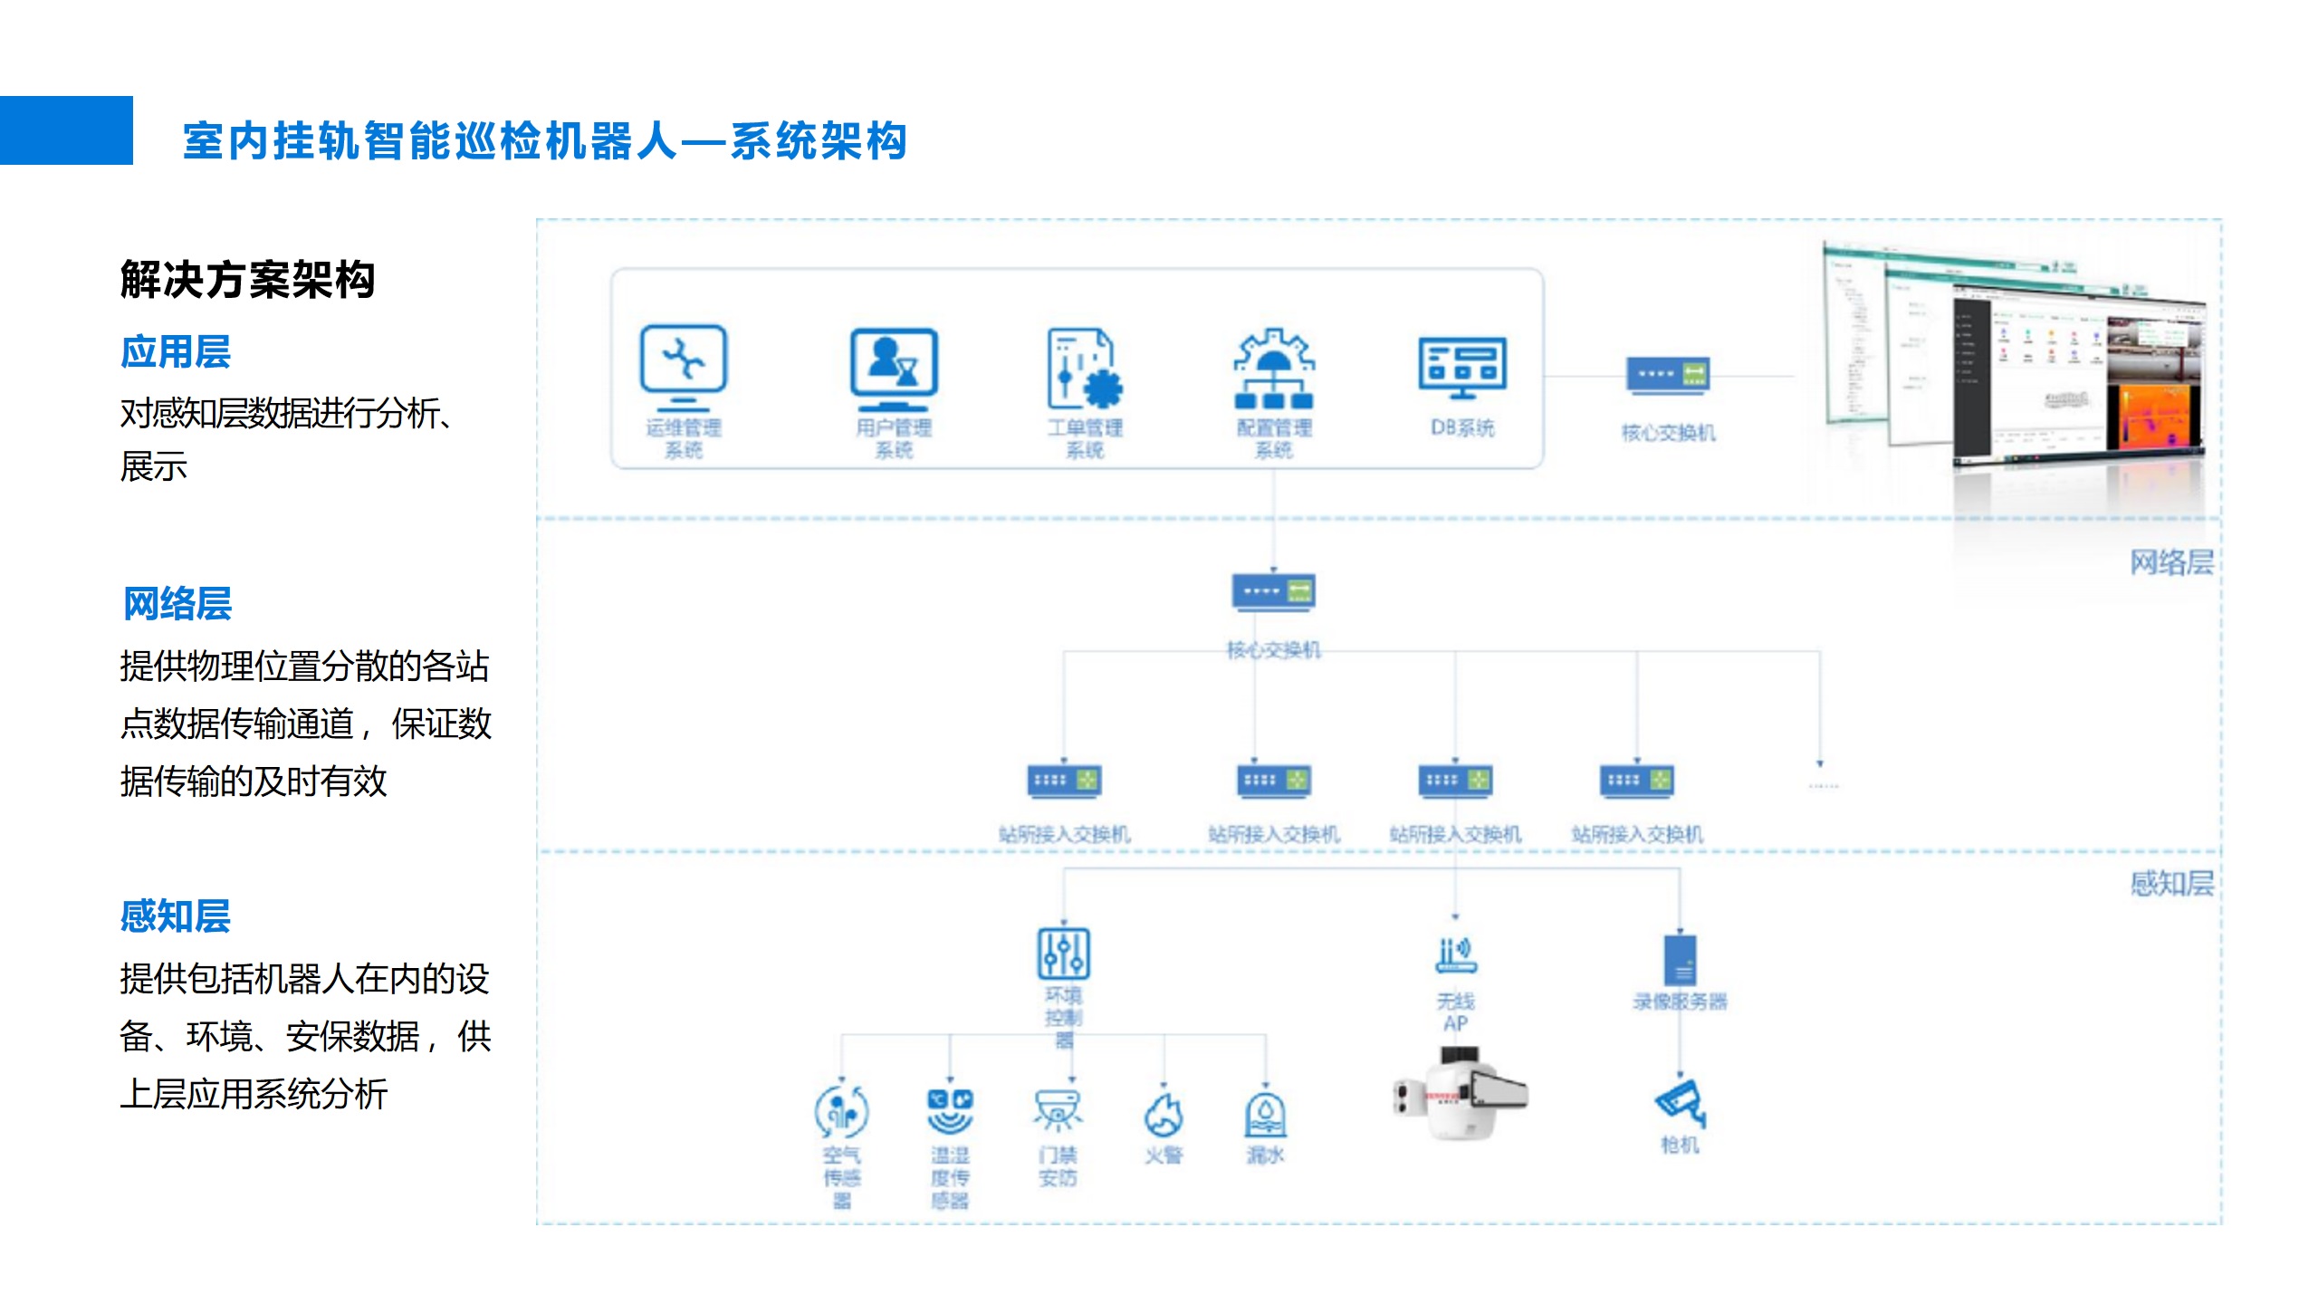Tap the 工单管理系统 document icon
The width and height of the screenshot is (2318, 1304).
(1085, 369)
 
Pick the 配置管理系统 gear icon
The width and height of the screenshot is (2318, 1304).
(1274, 369)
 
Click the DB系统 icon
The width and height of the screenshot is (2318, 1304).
(1462, 368)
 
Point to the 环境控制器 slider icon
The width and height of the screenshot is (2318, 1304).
(1063, 954)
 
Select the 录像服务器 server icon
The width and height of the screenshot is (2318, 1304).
(1680, 959)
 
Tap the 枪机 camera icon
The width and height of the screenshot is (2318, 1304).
(1680, 1104)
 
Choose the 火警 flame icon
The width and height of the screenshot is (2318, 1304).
(1164, 1115)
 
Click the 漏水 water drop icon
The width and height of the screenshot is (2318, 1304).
(1265, 1115)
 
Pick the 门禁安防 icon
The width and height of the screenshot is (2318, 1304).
(1058, 1111)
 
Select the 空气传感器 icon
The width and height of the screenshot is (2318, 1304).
(841, 1111)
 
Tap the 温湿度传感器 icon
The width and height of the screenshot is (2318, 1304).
(950, 1111)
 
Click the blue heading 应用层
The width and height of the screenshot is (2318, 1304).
(176, 351)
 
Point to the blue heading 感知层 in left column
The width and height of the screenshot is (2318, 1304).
(176, 916)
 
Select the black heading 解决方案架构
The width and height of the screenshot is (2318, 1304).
(247, 279)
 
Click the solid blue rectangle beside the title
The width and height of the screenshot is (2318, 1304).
(66, 130)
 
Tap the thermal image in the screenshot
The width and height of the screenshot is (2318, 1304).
(2154, 416)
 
